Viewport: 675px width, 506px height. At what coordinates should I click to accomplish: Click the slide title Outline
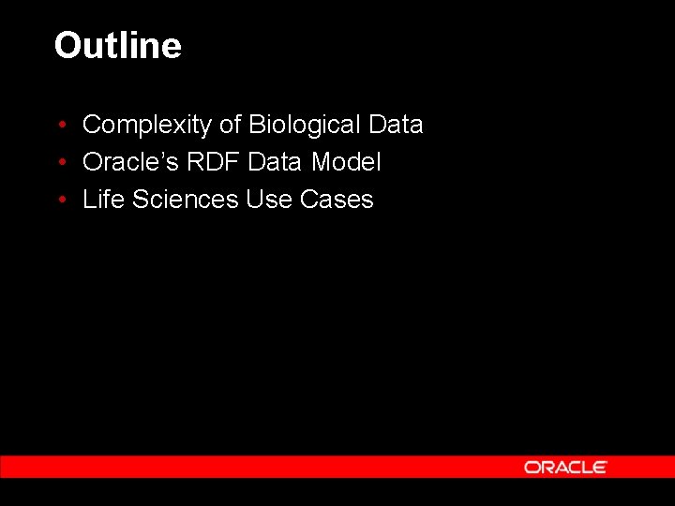(117, 45)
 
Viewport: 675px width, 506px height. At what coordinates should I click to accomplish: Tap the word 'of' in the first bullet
(231, 125)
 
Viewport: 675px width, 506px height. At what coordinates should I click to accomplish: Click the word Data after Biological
(396, 125)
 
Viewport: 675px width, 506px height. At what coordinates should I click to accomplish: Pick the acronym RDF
(211, 162)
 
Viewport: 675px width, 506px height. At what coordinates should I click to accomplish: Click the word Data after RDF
(276, 162)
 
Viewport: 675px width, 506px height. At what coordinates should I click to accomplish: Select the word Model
(346, 162)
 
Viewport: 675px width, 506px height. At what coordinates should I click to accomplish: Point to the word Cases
(337, 200)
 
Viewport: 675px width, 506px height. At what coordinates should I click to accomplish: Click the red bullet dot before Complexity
(60, 126)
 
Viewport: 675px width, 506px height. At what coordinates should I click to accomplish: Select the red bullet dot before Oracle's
(60, 163)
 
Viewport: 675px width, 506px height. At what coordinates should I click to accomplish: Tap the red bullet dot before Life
(60, 201)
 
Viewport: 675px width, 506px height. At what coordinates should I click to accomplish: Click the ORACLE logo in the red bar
(565, 467)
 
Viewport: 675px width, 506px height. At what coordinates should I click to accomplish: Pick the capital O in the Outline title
(68, 45)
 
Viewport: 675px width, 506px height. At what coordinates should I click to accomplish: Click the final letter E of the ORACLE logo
(600, 467)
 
